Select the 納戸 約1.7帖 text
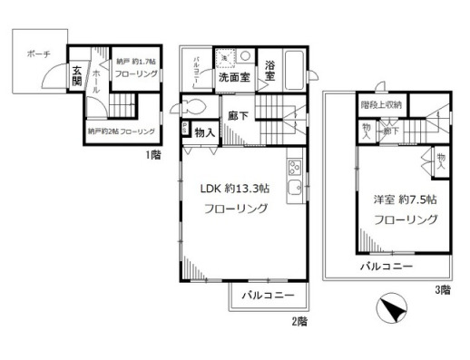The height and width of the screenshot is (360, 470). click(137, 61)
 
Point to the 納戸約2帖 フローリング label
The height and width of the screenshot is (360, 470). click(121, 131)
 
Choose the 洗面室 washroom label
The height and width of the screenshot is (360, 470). click(234, 78)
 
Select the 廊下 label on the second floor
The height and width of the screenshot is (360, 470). click(239, 115)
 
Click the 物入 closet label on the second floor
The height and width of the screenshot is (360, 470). click(204, 133)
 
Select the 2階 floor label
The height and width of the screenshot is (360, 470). click(300, 322)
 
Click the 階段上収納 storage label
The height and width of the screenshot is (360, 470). click(382, 103)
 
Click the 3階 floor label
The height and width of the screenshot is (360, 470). click(442, 290)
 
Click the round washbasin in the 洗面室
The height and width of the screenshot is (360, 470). click(245, 57)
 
